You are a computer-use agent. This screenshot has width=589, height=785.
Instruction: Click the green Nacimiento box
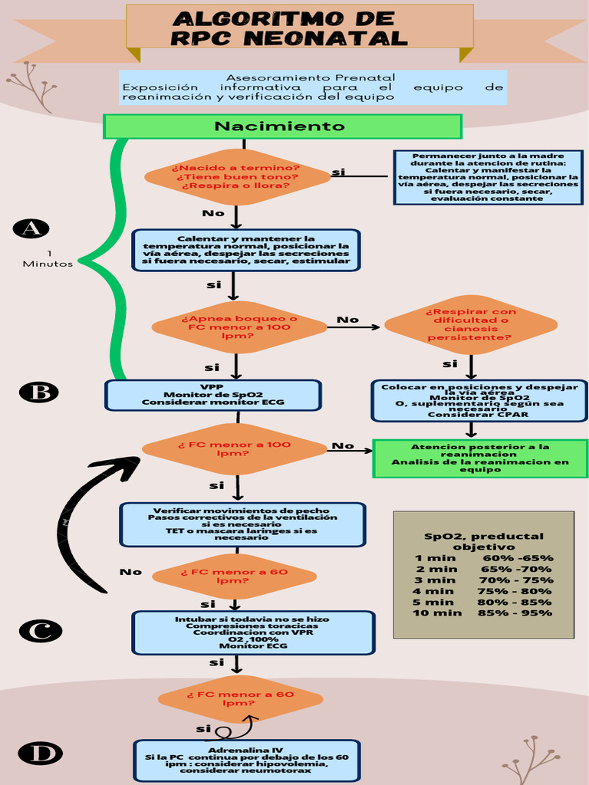click(x=282, y=126)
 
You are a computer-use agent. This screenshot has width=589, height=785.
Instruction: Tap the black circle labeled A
click(x=31, y=228)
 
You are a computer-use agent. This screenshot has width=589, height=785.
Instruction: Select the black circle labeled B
click(x=38, y=392)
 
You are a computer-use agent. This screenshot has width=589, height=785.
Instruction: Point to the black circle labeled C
click(x=40, y=631)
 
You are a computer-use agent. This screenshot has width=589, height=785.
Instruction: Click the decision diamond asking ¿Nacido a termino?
click(x=236, y=177)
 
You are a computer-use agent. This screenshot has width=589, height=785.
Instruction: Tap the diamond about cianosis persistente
click(x=470, y=324)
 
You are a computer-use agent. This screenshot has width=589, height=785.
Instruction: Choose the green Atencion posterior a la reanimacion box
click(x=480, y=458)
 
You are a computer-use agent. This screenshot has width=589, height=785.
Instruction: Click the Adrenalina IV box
click(x=245, y=760)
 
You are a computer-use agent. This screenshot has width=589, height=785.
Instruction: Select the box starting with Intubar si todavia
click(x=253, y=632)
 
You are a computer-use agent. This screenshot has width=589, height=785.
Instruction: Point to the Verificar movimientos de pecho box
click(x=242, y=524)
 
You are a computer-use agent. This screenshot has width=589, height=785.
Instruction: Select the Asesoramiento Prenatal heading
click(x=311, y=77)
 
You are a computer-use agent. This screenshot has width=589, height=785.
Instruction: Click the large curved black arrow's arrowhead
click(x=127, y=465)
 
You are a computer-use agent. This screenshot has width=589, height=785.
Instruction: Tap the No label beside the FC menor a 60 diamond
click(x=130, y=572)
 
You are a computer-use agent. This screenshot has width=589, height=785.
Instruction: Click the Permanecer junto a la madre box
click(x=488, y=177)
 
